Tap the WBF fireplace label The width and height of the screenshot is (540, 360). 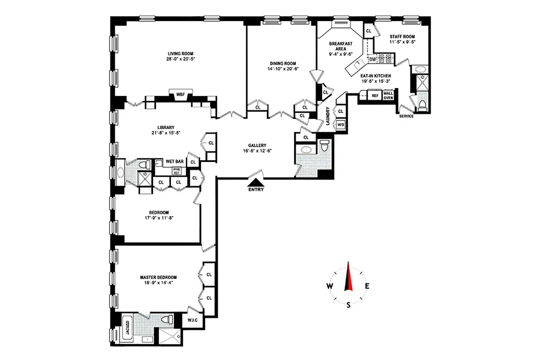pos(180,94)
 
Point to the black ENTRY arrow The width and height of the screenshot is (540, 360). pos(256,182)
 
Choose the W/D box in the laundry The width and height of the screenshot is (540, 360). pos(341,125)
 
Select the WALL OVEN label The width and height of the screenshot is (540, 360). pos(388,95)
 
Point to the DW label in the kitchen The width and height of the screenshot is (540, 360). pos(372,59)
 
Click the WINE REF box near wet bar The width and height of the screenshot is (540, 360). pos(177,171)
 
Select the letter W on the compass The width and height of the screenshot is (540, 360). pos(329,286)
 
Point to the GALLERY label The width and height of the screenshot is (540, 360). pos(257,145)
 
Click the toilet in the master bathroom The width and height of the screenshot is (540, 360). pos(167,320)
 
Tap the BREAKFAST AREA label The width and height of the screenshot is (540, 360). pos(340,46)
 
